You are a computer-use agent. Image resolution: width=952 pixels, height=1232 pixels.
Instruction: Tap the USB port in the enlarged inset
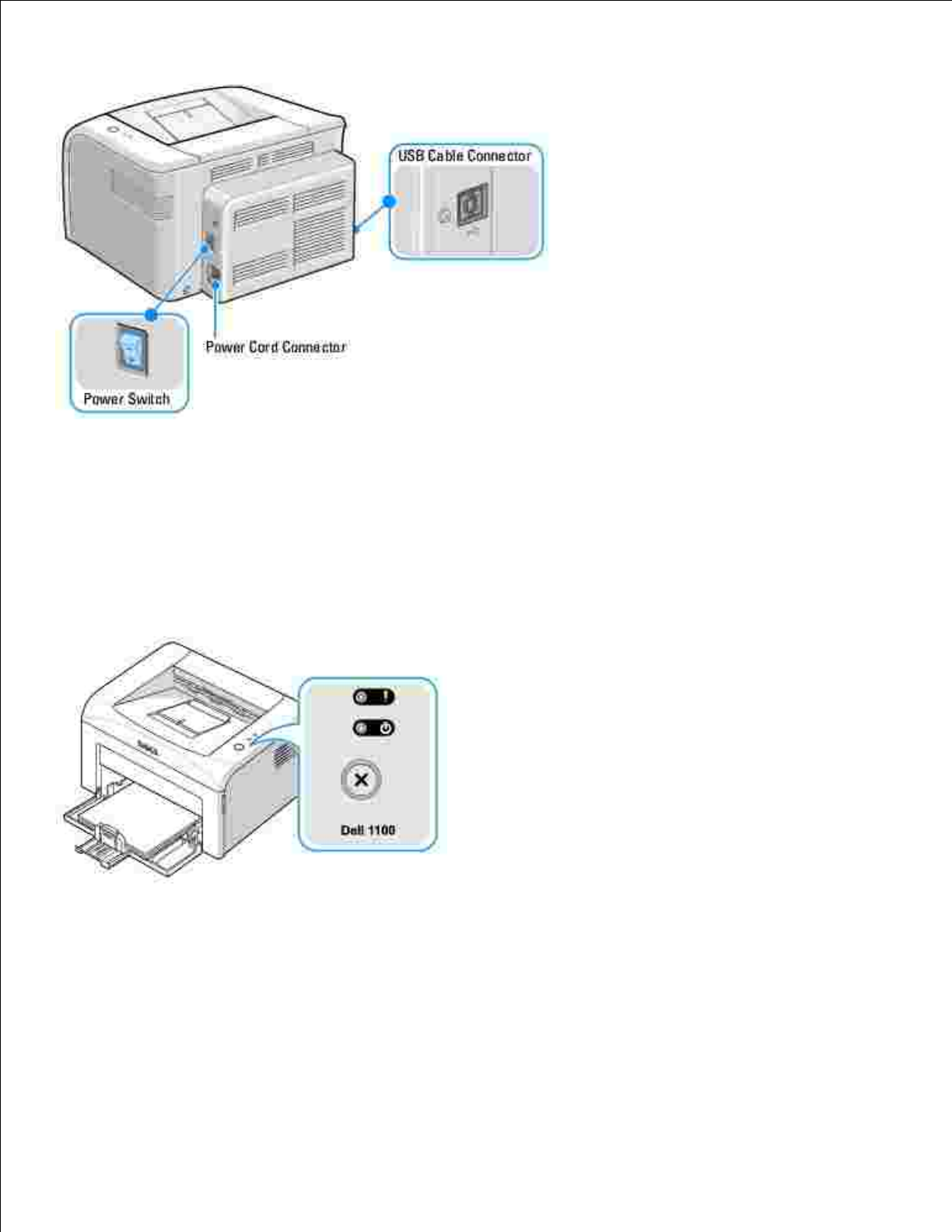tap(471, 206)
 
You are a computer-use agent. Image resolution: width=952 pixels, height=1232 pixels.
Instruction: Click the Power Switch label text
tap(127, 399)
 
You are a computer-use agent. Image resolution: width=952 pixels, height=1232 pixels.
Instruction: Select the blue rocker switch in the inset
tap(129, 346)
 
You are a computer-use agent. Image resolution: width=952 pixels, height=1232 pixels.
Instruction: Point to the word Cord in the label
tap(264, 347)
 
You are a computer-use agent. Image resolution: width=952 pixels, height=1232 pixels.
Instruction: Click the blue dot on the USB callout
tap(390, 201)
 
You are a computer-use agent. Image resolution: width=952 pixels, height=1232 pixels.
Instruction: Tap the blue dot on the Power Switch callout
tap(152, 315)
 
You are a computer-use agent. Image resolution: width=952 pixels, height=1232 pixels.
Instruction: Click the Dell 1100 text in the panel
tap(368, 830)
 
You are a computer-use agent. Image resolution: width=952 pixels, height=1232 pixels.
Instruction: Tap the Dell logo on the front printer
tap(148, 748)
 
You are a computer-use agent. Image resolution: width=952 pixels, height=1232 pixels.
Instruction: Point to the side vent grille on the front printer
tap(284, 753)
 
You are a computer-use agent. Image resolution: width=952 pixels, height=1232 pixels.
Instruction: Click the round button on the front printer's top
tap(238, 747)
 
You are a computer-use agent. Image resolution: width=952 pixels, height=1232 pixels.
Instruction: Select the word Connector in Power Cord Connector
tap(314, 347)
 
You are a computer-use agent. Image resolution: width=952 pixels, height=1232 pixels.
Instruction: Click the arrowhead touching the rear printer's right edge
tap(357, 229)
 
